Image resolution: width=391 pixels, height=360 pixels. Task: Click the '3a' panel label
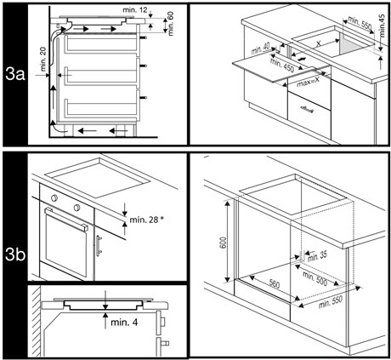pyautogui.click(x=15, y=75)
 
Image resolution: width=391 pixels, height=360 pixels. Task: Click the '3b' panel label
pyautogui.click(x=15, y=254)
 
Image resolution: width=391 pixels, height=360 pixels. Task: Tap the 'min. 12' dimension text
pyautogui.click(x=135, y=10)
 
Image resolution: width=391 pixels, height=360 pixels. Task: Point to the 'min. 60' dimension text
pyautogui.click(x=171, y=24)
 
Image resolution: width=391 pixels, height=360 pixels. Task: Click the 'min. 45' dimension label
pyautogui.click(x=382, y=26)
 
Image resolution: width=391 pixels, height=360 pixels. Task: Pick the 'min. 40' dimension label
pyautogui.click(x=261, y=49)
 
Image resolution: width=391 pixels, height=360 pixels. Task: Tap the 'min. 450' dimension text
pyautogui.click(x=282, y=65)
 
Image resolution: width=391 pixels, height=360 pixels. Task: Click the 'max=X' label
pyautogui.click(x=308, y=83)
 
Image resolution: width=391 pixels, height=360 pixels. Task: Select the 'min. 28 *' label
pyautogui.click(x=147, y=220)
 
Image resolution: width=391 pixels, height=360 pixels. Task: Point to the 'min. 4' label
pyautogui.click(x=124, y=323)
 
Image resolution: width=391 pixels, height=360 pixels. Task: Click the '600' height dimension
pyautogui.click(x=224, y=243)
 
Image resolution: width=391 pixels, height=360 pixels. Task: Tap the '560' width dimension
pyautogui.click(x=275, y=283)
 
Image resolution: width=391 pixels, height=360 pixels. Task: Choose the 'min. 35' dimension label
pyautogui.click(x=317, y=256)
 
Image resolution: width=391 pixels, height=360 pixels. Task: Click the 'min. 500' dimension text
pyautogui.click(x=314, y=279)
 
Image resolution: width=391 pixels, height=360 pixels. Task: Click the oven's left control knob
pyautogui.click(x=54, y=197)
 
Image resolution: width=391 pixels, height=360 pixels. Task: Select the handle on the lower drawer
pyautogui.click(x=307, y=109)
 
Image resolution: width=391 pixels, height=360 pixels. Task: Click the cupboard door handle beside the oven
pyautogui.click(x=99, y=246)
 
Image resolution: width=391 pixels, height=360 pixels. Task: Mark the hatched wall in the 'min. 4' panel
pyautogui.click(x=35, y=321)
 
